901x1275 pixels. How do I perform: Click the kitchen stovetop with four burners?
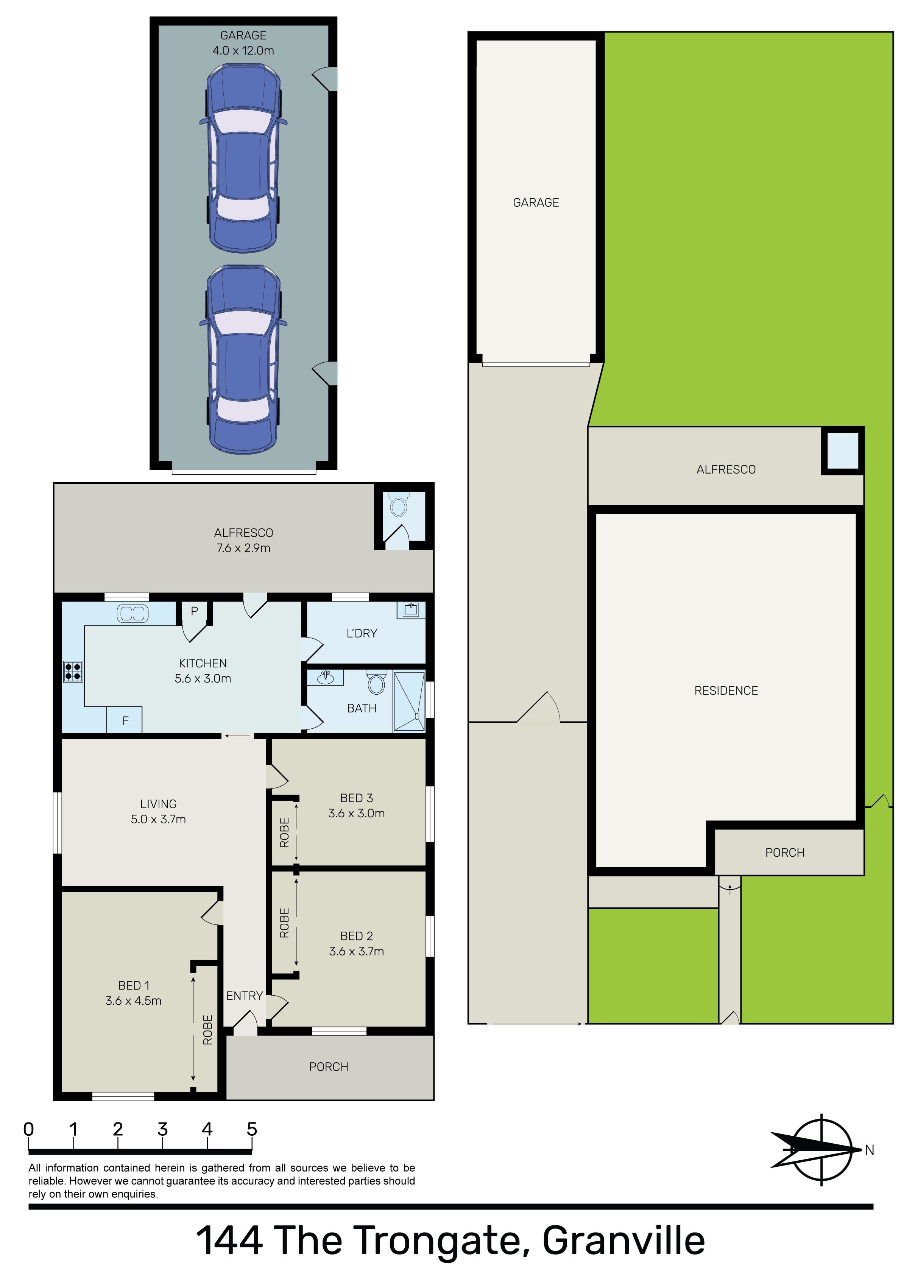pos(73,672)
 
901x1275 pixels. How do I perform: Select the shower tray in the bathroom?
pos(409,701)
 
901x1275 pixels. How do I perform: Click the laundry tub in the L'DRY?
pos(410,610)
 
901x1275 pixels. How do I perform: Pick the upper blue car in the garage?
pos(243,158)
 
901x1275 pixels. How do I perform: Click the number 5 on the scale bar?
pos(252,1129)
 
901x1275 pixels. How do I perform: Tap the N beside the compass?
pos(869,1150)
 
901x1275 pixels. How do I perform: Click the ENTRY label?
pos(245,996)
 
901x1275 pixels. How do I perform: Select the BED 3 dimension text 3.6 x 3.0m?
pos(356,813)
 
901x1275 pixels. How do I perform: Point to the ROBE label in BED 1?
pos(208,1030)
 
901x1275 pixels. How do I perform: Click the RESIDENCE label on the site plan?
pos(726,690)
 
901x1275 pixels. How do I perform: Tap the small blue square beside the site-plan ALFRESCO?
pos(842,450)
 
